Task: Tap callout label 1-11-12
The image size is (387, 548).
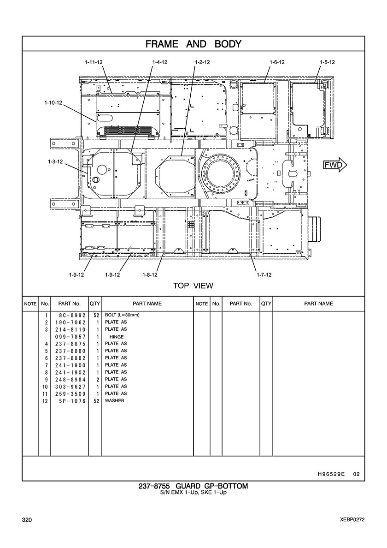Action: click(94, 62)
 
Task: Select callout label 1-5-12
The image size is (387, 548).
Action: click(327, 62)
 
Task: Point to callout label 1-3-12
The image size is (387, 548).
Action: click(55, 161)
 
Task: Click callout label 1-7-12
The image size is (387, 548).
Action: click(264, 275)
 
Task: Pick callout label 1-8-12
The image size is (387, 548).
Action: click(150, 275)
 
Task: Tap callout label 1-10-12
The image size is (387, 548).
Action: click(53, 103)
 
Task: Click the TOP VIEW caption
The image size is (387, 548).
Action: click(193, 286)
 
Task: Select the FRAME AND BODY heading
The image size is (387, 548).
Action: click(193, 44)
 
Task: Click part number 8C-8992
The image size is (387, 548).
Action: click(70, 315)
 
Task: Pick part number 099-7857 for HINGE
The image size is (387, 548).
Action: click(70, 337)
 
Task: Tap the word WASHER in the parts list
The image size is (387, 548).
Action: click(114, 400)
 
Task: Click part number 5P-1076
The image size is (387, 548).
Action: click(73, 401)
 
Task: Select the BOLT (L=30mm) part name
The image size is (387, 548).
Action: click(122, 315)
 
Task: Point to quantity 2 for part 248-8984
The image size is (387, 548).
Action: click(98, 379)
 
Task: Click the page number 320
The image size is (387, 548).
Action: click(27, 520)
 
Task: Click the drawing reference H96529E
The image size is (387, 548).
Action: click(331, 474)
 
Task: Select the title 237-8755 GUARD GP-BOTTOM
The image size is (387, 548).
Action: click(193, 486)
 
